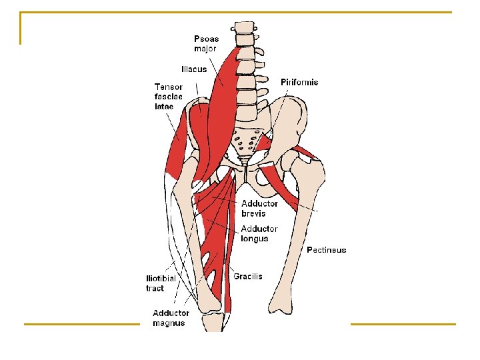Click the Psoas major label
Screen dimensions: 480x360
tap(206, 43)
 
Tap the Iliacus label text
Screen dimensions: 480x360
tap(193, 69)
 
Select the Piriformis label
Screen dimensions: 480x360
tap(299, 83)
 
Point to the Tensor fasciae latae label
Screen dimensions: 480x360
tap(168, 96)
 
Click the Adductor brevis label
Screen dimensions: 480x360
tap(259, 209)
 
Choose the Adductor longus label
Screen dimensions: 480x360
tap(259, 234)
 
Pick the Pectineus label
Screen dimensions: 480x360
tap(326, 250)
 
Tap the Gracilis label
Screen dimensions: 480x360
tap(248, 276)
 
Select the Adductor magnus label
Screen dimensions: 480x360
tap(171, 318)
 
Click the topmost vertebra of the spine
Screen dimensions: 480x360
tap(243, 29)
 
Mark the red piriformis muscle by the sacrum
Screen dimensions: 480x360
tap(267, 142)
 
